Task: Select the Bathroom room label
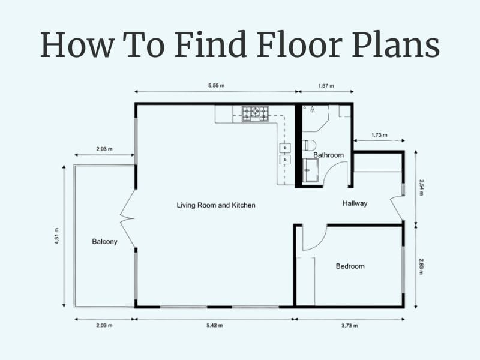click(328, 155)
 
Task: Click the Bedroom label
click(350, 266)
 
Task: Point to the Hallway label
click(355, 203)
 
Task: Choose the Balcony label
click(104, 242)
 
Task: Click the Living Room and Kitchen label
click(216, 205)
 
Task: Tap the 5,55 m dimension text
click(216, 86)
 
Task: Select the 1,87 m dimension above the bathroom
click(326, 86)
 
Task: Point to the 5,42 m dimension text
click(214, 325)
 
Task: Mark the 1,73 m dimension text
click(379, 135)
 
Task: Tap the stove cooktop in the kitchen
click(255, 113)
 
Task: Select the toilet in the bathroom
click(309, 145)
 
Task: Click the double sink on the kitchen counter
click(285, 154)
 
